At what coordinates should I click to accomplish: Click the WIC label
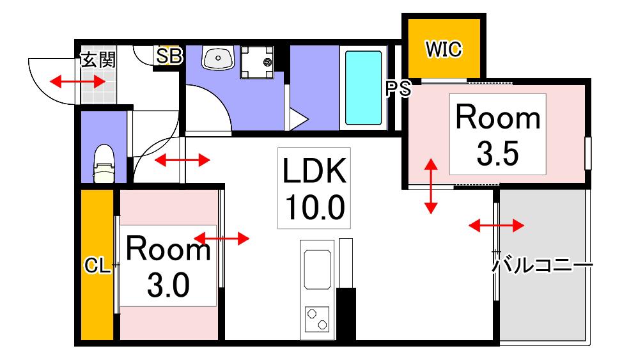click(x=444, y=49)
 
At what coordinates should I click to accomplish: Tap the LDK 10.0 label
click(x=314, y=188)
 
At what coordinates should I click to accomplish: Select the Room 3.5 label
click(x=498, y=134)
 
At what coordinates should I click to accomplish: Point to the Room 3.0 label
click(x=168, y=265)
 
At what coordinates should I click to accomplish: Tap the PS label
click(x=398, y=89)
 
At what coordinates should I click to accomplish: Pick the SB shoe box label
click(x=169, y=56)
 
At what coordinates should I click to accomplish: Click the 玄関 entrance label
click(x=98, y=60)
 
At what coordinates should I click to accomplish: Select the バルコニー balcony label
click(x=542, y=265)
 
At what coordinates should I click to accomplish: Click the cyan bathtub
click(x=363, y=88)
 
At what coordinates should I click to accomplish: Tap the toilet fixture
click(x=104, y=164)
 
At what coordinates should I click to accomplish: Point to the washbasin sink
click(x=218, y=58)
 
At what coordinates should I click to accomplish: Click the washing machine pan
click(x=258, y=62)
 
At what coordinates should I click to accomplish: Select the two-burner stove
click(x=317, y=319)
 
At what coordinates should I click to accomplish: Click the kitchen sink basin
click(x=317, y=269)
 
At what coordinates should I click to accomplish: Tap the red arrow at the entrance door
click(x=78, y=82)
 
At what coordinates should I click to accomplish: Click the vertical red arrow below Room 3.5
click(x=431, y=186)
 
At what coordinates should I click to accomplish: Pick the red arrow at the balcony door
click(x=496, y=226)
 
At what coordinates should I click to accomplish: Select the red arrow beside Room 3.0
click(x=222, y=239)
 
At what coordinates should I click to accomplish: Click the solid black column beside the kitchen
click(x=346, y=314)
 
